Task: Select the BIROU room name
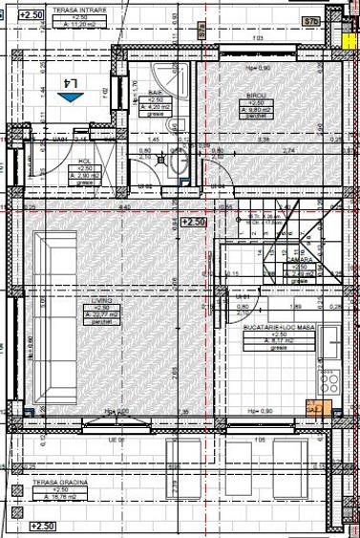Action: click(x=257, y=96)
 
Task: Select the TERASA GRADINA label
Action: click(x=59, y=484)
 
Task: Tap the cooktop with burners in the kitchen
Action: click(x=331, y=380)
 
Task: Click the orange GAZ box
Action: click(x=313, y=409)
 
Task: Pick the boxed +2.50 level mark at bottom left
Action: click(x=42, y=526)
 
